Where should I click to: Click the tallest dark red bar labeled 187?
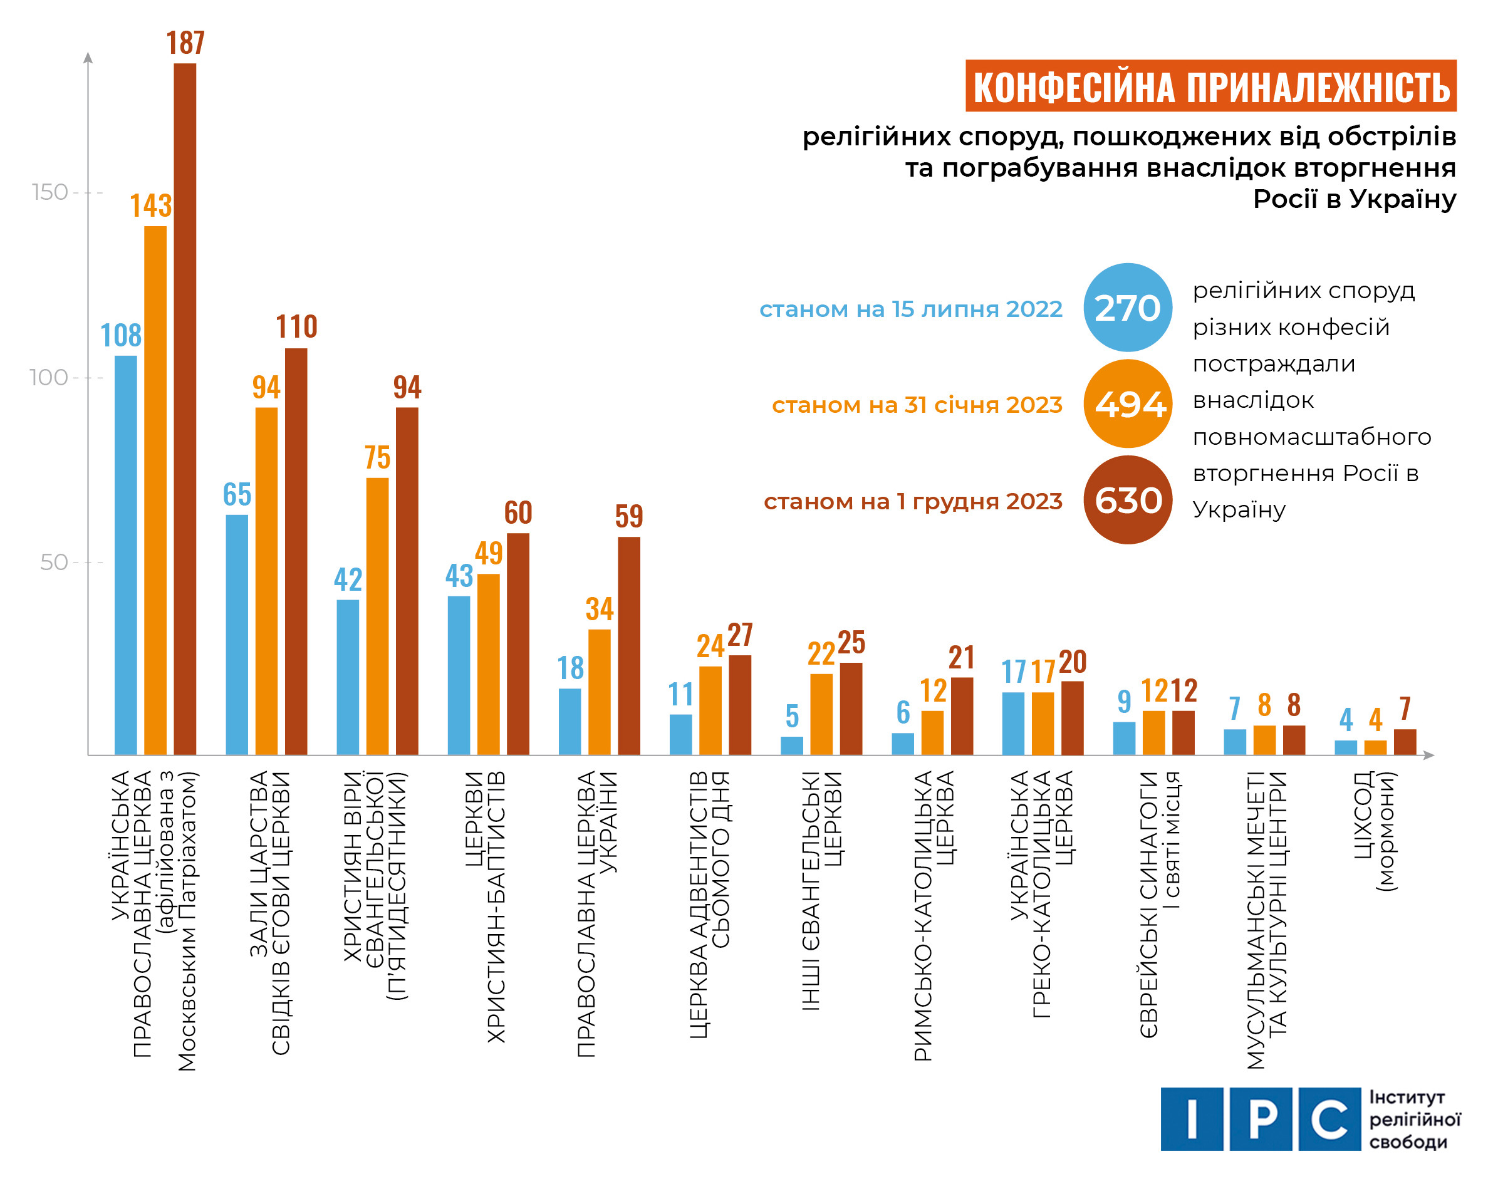click(x=184, y=407)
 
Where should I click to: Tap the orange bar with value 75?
click(x=377, y=615)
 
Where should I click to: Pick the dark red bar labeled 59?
click(x=628, y=645)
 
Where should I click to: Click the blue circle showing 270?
click(x=1127, y=307)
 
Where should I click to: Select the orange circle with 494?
click(x=1127, y=404)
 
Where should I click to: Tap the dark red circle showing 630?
click(x=1127, y=500)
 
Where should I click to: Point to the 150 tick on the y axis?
click(x=49, y=192)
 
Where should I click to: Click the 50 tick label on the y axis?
click(x=53, y=562)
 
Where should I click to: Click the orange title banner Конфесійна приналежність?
click(x=1210, y=86)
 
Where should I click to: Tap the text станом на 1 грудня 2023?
click(x=912, y=501)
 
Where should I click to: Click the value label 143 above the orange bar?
click(x=150, y=205)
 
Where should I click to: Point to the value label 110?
click(x=296, y=326)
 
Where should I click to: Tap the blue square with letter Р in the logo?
click(x=1261, y=1119)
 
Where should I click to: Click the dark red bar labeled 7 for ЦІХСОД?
click(x=1405, y=742)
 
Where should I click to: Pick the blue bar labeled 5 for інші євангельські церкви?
click(x=792, y=745)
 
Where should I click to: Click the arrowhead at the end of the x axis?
click(x=1429, y=755)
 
